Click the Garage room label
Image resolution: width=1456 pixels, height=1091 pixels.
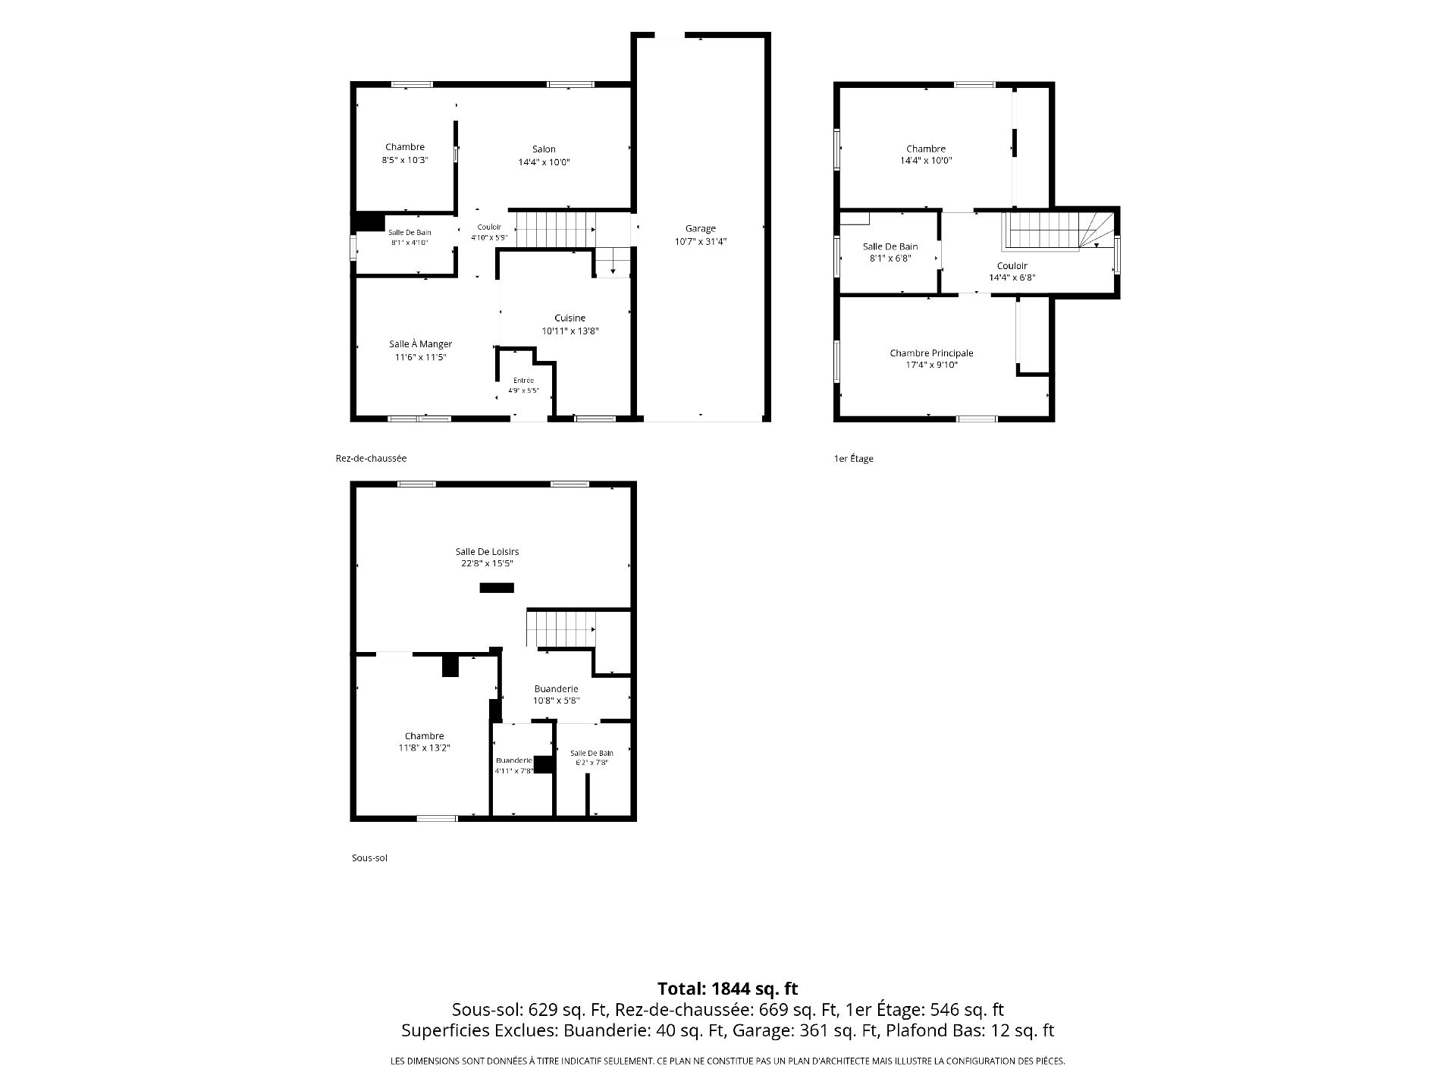pyautogui.click(x=700, y=228)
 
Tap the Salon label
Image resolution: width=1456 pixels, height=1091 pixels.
pyautogui.click(x=544, y=149)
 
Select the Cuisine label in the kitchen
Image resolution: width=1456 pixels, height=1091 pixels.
pyautogui.click(x=570, y=318)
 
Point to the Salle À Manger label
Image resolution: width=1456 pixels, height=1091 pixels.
pyautogui.click(x=420, y=344)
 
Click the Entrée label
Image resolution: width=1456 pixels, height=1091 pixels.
pyautogui.click(x=523, y=381)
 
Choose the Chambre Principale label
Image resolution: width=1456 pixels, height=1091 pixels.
pyautogui.click(x=931, y=353)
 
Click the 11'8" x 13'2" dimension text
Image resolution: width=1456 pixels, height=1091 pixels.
pyautogui.click(x=425, y=748)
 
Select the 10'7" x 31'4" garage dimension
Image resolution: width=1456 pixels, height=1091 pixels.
pyautogui.click(x=700, y=241)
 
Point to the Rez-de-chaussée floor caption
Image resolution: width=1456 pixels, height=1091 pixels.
pyautogui.click(x=371, y=458)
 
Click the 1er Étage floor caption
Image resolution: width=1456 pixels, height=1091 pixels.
pyautogui.click(x=853, y=459)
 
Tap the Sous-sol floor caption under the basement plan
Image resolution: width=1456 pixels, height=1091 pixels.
pyautogui.click(x=369, y=858)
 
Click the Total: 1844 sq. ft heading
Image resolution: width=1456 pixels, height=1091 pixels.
pyautogui.click(x=727, y=989)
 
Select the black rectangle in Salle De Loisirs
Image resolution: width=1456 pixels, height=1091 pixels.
pyautogui.click(x=497, y=588)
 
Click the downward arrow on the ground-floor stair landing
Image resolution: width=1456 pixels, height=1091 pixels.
pyautogui.click(x=613, y=267)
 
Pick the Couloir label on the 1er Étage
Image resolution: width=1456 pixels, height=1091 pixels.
pyautogui.click(x=1012, y=266)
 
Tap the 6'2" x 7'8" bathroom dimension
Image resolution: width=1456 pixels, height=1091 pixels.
pyautogui.click(x=591, y=763)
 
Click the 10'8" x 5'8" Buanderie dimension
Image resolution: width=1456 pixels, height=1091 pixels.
pyautogui.click(x=556, y=701)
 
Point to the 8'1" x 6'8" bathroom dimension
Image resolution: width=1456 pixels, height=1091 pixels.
pyautogui.click(x=890, y=259)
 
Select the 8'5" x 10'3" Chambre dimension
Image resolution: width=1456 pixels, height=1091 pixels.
pyautogui.click(x=405, y=160)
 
